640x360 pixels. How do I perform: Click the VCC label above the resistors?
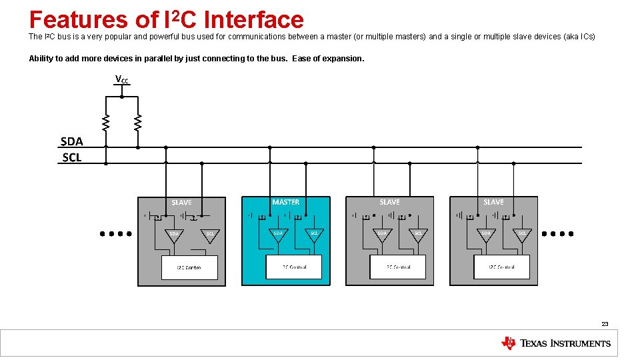(122, 80)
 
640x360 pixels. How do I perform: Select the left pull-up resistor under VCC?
(105, 122)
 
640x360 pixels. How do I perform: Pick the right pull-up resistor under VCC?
(137, 122)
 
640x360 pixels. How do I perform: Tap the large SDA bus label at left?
(71, 141)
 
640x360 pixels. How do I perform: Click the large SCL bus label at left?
(71, 157)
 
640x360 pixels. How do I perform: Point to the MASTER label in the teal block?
(285, 202)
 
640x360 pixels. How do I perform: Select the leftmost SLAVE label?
(181, 203)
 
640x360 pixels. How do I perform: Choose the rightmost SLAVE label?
(493, 202)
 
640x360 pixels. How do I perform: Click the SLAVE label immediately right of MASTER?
(389, 202)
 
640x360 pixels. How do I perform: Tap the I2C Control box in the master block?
(293, 267)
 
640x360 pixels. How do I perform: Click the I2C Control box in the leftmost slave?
(189, 267)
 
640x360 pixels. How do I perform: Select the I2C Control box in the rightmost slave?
(501, 267)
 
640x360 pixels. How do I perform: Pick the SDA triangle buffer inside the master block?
(278, 234)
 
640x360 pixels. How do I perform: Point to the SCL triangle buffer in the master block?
(314, 234)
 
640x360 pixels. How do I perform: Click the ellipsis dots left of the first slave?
(115, 234)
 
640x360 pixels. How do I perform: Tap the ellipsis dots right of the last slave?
(558, 234)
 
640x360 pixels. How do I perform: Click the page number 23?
(605, 324)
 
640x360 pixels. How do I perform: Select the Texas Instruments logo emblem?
(508, 343)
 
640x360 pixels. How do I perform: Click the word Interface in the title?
(253, 20)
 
